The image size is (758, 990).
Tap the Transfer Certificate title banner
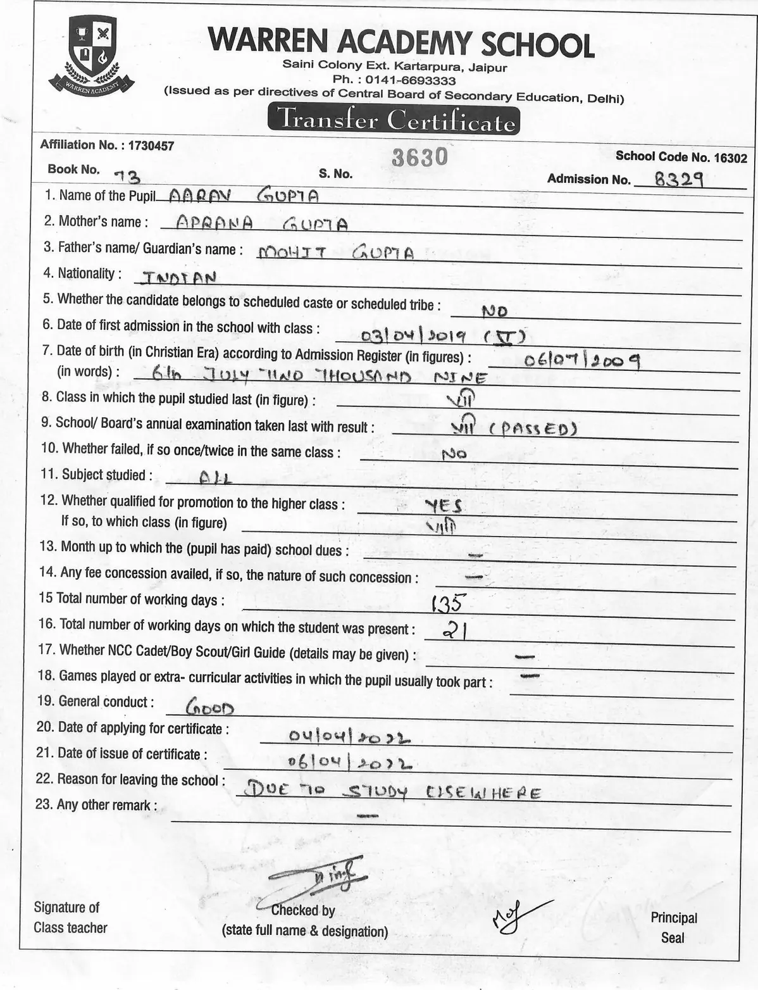click(x=394, y=120)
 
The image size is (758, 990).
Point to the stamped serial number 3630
click(x=419, y=157)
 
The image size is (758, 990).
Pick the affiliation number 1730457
click(x=151, y=145)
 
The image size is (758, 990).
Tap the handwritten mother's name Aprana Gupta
click(x=261, y=223)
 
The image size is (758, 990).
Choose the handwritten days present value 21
click(x=454, y=630)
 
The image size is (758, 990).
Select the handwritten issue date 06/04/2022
click(x=349, y=763)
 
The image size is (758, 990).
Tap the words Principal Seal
click(x=673, y=927)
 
